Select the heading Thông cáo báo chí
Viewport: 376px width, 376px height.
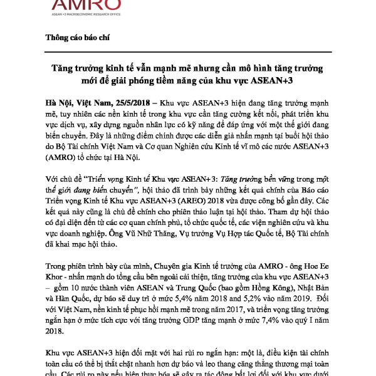pyautogui.click(x=78, y=37)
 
